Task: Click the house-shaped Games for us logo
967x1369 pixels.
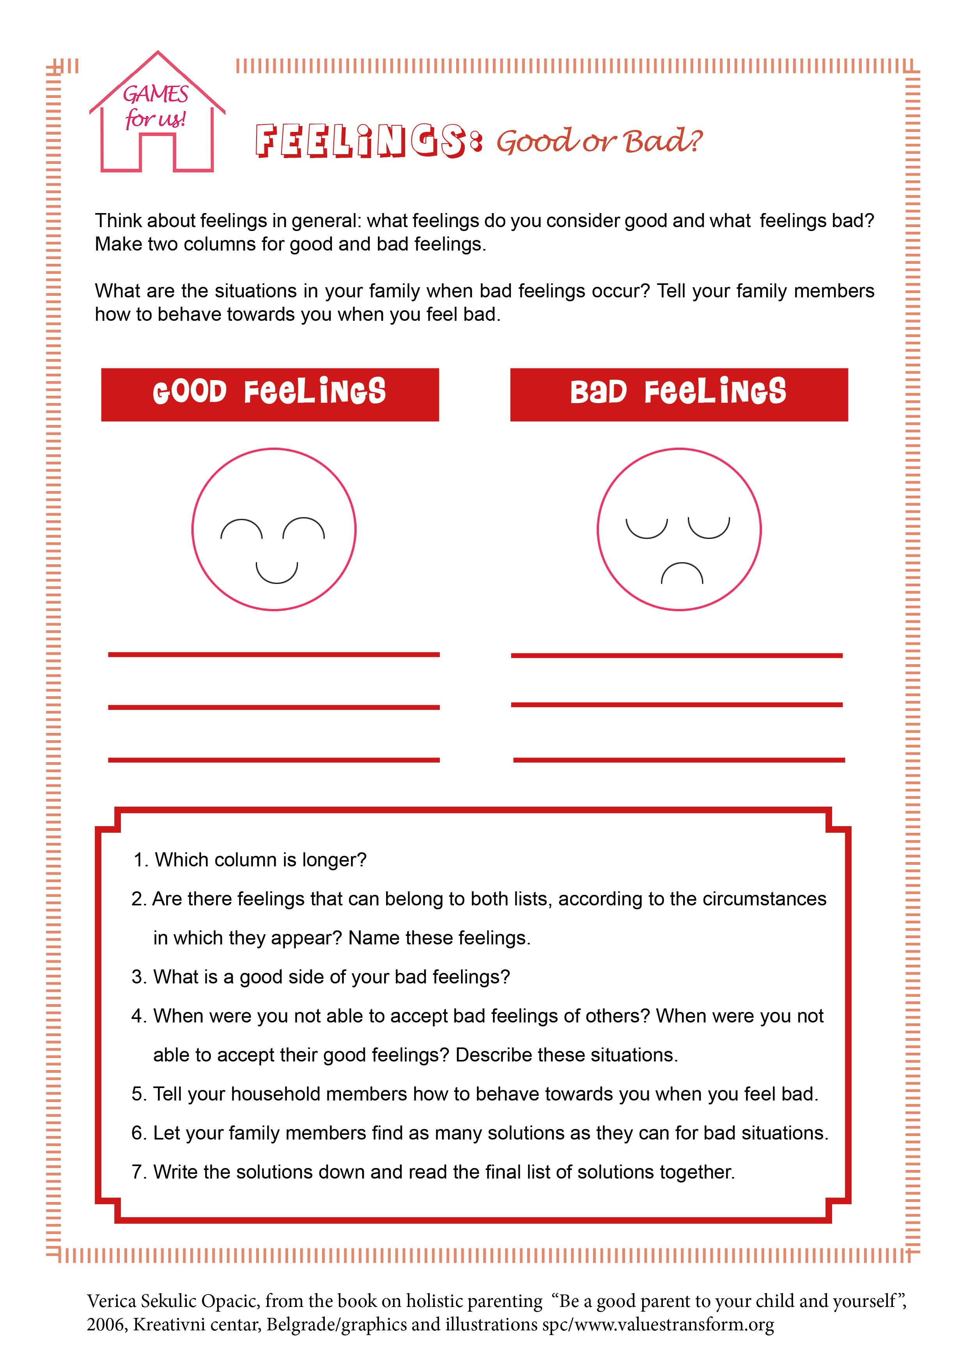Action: tap(157, 113)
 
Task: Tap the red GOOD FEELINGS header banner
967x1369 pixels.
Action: tap(270, 394)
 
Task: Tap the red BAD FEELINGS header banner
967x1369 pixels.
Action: tap(678, 394)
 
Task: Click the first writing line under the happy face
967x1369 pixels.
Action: tap(273, 655)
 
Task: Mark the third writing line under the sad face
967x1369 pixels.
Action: tap(678, 760)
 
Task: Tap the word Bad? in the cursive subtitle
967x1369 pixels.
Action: tap(662, 142)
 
